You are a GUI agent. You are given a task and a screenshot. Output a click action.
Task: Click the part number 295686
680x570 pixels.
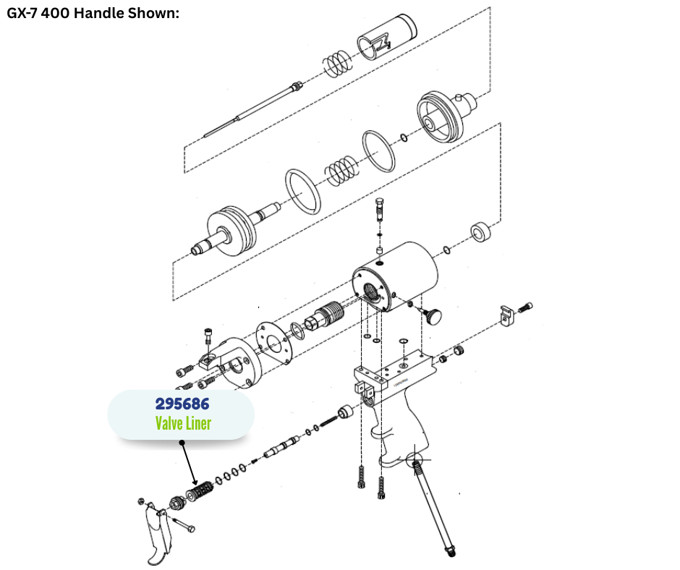(x=182, y=404)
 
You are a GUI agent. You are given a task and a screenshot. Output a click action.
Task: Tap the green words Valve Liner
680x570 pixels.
(x=183, y=423)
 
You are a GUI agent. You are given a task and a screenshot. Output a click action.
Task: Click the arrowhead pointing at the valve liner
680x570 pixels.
(x=195, y=482)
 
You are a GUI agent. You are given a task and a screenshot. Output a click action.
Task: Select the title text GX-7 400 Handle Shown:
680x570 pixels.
(x=93, y=13)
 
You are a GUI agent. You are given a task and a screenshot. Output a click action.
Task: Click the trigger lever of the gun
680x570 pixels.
(x=156, y=534)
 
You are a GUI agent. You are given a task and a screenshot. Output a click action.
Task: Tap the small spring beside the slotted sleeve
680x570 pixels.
(x=337, y=64)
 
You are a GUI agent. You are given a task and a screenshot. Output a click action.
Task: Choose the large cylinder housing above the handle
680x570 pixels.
(x=395, y=277)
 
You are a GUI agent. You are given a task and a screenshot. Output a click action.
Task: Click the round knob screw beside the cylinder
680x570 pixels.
(x=432, y=315)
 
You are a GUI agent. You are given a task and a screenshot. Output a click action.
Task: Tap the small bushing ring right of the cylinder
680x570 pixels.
(x=481, y=232)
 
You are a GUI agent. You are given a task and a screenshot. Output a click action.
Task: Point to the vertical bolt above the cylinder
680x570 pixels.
(x=380, y=210)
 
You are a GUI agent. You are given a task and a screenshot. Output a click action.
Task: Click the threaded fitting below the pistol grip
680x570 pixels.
(x=433, y=508)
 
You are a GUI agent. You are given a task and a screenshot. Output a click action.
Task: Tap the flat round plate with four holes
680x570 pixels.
(x=273, y=343)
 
